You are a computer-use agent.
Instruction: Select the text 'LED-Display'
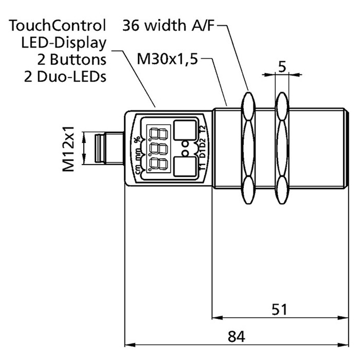pyautogui.click(x=63, y=42)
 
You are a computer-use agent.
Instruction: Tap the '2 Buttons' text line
pyautogui.click(x=71, y=59)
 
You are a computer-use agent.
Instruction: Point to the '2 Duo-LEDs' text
pyautogui.click(x=65, y=76)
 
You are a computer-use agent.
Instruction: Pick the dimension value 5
pyautogui.click(x=283, y=67)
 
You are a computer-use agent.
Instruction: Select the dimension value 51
pyautogui.click(x=279, y=310)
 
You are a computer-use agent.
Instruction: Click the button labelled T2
pyautogui.click(x=185, y=130)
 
